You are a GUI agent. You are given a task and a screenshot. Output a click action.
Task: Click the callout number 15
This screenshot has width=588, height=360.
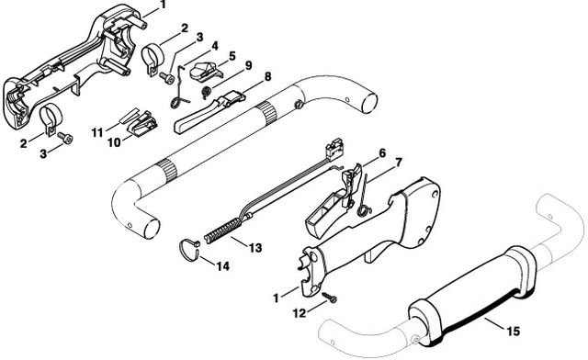(514, 332)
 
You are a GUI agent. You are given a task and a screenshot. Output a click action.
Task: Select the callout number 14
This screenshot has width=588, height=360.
(222, 266)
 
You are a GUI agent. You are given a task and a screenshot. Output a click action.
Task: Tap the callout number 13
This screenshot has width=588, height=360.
(255, 248)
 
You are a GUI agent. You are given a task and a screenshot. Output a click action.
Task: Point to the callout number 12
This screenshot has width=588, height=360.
(300, 313)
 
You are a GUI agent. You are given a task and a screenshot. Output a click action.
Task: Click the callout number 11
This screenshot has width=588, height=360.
(97, 132)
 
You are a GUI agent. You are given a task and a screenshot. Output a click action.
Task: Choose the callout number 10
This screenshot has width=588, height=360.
(114, 142)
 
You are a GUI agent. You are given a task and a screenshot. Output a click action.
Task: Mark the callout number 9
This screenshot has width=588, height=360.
(248, 65)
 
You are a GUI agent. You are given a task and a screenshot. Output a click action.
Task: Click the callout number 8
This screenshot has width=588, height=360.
(267, 76)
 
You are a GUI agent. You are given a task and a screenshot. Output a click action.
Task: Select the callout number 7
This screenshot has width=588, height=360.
(399, 163)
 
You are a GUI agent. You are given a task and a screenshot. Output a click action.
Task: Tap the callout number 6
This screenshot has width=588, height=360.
(382, 153)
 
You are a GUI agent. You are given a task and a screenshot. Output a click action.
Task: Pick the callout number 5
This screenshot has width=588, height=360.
(232, 56)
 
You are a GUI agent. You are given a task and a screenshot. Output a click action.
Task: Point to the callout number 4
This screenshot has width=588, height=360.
(214, 46)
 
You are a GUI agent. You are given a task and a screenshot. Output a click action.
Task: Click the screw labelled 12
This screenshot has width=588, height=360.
(330, 298)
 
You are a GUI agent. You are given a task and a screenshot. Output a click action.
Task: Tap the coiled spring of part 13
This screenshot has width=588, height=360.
(222, 231)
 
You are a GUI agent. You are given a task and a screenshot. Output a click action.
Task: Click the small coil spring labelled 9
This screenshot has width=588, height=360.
(206, 92)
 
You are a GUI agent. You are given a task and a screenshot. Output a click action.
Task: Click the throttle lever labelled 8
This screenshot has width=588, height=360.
(209, 112)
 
